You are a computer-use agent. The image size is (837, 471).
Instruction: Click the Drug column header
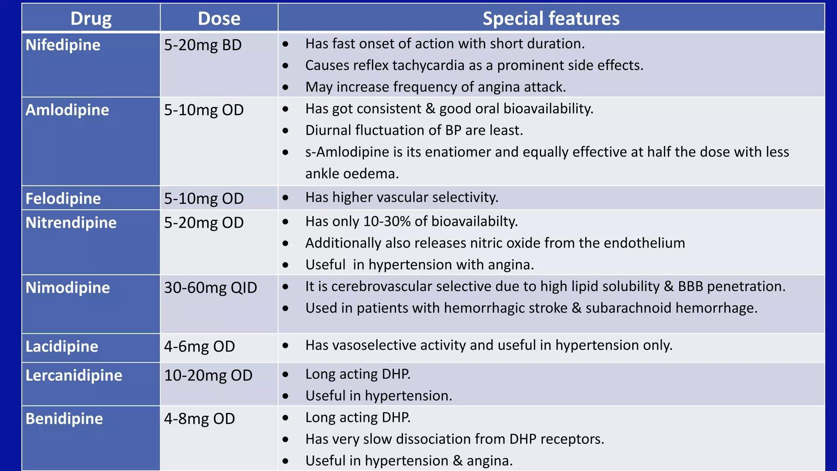[x=91, y=19]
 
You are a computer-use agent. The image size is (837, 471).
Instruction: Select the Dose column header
[x=219, y=19]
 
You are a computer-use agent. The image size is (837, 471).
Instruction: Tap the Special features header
[x=551, y=19]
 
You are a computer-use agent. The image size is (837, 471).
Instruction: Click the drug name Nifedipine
[x=63, y=45]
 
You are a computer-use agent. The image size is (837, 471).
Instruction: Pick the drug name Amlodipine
[x=67, y=110]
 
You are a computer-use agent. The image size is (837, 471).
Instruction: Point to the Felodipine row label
[x=63, y=199]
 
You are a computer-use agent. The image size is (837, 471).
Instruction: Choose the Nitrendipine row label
[x=71, y=223]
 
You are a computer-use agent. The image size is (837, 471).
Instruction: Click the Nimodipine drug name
[x=68, y=288]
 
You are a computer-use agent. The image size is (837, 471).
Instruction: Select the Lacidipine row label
[x=62, y=347]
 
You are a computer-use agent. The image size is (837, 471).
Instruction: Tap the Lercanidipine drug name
[x=74, y=375]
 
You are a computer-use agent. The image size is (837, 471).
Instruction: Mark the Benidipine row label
[x=64, y=419]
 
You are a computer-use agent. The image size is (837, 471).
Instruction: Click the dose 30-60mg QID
[x=210, y=288]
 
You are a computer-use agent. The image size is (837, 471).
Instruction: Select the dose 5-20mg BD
[x=203, y=45]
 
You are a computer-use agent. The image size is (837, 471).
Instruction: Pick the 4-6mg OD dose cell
[x=199, y=347]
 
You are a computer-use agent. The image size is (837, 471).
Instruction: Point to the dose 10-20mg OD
[x=208, y=375]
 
